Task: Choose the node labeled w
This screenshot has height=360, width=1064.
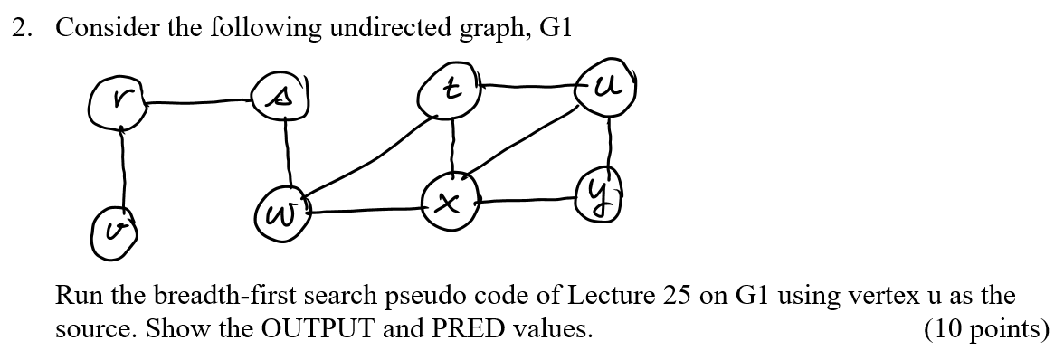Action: coord(280,213)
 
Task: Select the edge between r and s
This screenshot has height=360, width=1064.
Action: coord(199,100)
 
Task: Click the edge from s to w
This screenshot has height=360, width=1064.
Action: coord(286,152)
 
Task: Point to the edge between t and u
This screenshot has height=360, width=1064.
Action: coord(529,87)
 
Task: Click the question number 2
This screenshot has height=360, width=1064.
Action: coord(19,28)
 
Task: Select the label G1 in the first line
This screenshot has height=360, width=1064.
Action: coord(556,28)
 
